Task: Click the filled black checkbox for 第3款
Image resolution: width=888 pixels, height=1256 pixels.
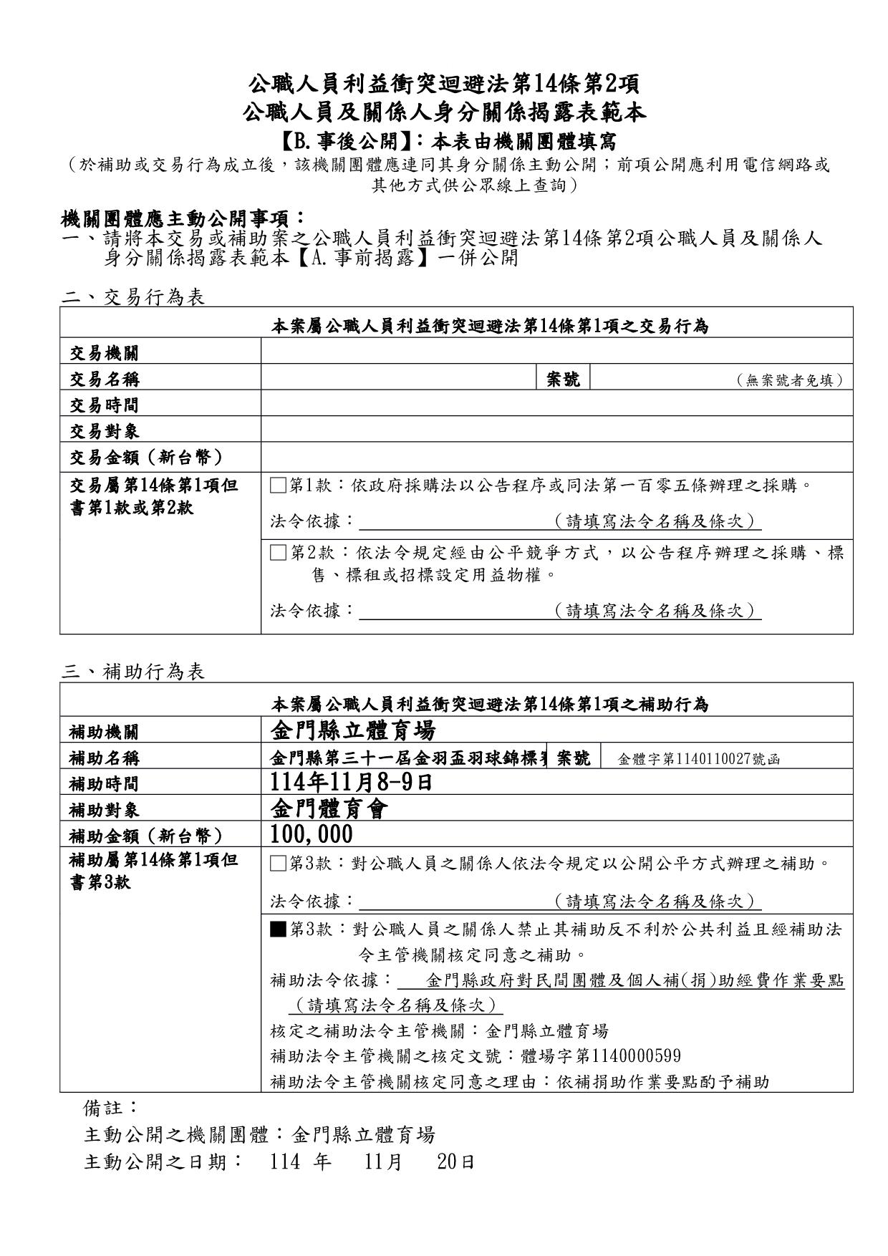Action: coord(278,929)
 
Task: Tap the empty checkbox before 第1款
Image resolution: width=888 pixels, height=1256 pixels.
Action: coord(278,486)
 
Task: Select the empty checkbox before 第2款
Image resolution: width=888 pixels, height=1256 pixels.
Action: coord(278,552)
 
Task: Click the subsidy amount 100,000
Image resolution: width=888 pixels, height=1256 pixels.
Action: coord(312,834)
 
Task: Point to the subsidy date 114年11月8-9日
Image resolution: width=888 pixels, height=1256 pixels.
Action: coord(352,782)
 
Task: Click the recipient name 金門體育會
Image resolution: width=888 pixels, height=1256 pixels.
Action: coord(330,808)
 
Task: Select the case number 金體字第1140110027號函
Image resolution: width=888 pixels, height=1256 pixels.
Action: coord(698,760)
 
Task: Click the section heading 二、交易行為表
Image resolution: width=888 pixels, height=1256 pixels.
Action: coord(133,297)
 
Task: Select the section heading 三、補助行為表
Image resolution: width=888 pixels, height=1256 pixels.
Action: coord(133,672)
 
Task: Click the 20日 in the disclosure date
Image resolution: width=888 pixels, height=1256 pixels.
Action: coord(455,1161)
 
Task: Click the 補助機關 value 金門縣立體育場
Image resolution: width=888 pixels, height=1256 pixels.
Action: coord(353,730)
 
